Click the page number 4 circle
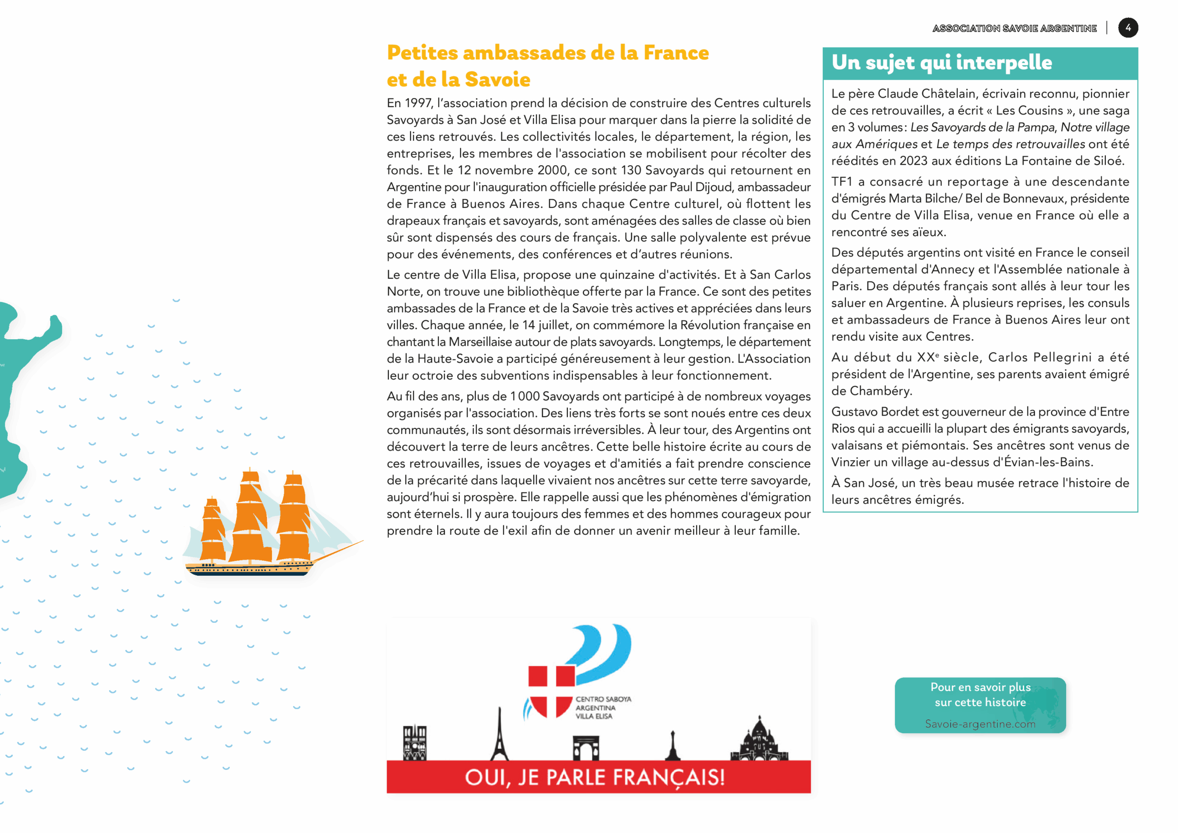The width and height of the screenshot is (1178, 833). coord(1128,28)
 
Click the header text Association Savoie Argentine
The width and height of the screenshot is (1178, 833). coord(1014,28)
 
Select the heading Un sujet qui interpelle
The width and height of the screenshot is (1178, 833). coord(941,63)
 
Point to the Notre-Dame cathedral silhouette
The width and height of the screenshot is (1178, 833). coord(415,742)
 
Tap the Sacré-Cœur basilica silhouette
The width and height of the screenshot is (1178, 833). coord(759,741)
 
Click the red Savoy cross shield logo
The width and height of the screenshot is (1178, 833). coord(551,690)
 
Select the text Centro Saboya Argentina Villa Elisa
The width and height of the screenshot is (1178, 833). coord(602,707)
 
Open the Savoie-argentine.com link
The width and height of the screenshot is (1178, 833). coord(980,723)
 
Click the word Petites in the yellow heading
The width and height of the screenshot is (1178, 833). coord(422,53)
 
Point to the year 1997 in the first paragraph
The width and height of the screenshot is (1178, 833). coord(419,103)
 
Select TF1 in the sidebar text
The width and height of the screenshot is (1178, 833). coord(842,182)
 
